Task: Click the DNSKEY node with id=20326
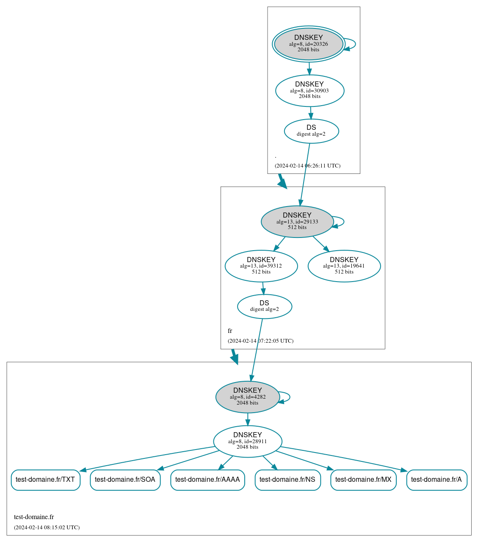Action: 309,44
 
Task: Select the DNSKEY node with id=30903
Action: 309,90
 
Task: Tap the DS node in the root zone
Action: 311,131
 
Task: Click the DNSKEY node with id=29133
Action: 297,221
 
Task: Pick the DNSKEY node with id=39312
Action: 261,266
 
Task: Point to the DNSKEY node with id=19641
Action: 344,266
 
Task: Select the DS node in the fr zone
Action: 264,306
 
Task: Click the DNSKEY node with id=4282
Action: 247,397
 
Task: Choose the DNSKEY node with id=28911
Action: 247,441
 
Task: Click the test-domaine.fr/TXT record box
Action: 45,480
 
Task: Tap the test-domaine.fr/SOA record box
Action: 125,480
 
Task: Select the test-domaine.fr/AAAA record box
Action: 207,480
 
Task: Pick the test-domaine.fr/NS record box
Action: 287,480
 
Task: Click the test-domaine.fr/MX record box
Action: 363,480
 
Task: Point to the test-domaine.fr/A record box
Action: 437,480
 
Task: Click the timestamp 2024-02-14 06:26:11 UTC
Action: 307,166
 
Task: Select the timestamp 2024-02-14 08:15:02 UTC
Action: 47,528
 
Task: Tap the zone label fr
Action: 230,331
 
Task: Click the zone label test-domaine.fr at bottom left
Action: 34,517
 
